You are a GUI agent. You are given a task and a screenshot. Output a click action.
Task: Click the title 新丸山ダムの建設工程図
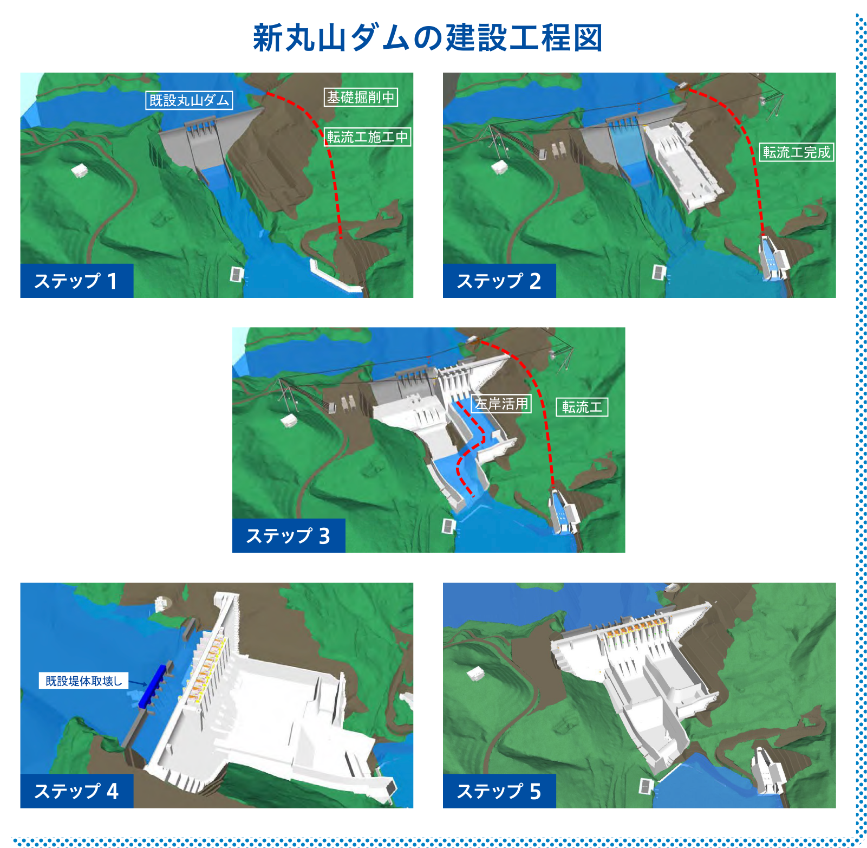(428, 37)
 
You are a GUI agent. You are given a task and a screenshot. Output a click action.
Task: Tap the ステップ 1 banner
(77, 281)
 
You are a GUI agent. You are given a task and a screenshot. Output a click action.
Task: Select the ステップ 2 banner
(499, 281)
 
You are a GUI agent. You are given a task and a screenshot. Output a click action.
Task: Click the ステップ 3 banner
(289, 536)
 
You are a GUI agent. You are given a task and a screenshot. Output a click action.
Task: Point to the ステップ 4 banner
(77, 791)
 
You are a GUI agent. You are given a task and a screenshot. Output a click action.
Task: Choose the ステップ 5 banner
(499, 791)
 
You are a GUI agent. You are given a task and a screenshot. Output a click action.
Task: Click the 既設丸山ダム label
(189, 100)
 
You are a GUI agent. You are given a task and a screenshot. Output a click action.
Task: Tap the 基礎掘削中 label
(361, 97)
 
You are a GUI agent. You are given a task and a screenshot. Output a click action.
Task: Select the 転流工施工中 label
(368, 137)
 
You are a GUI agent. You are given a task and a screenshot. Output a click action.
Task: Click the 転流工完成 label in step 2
(797, 152)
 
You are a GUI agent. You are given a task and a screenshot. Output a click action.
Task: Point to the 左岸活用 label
(501, 404)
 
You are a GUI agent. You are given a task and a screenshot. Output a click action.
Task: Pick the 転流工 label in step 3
(582, 407)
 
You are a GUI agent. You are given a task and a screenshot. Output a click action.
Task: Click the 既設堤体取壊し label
(83, 681)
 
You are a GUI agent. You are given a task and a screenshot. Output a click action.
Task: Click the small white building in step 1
(80, 171)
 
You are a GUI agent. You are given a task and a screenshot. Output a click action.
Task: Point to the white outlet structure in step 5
(768, 770)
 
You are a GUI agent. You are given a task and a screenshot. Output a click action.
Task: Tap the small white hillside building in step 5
(475, 674)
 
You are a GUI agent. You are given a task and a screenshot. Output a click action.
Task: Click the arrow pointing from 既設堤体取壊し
(138, 683)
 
